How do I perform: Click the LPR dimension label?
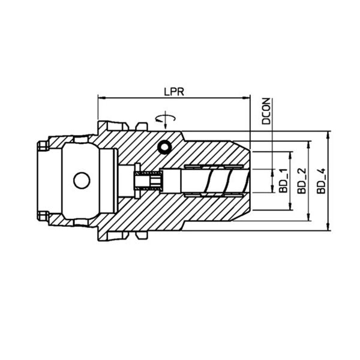(x=174, y=92)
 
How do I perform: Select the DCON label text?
(x=266, y=111)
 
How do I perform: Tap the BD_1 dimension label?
(x=283, y=181)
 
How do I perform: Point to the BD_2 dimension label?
(x=302, y=181)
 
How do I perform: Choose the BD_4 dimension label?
(x=321, y=181)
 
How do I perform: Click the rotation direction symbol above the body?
(x=166, y=119)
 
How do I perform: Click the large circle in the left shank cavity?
(x=82, y=180)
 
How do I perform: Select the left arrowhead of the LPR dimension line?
(x=101, y=98)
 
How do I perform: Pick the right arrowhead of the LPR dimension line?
(x=246, y=98)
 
